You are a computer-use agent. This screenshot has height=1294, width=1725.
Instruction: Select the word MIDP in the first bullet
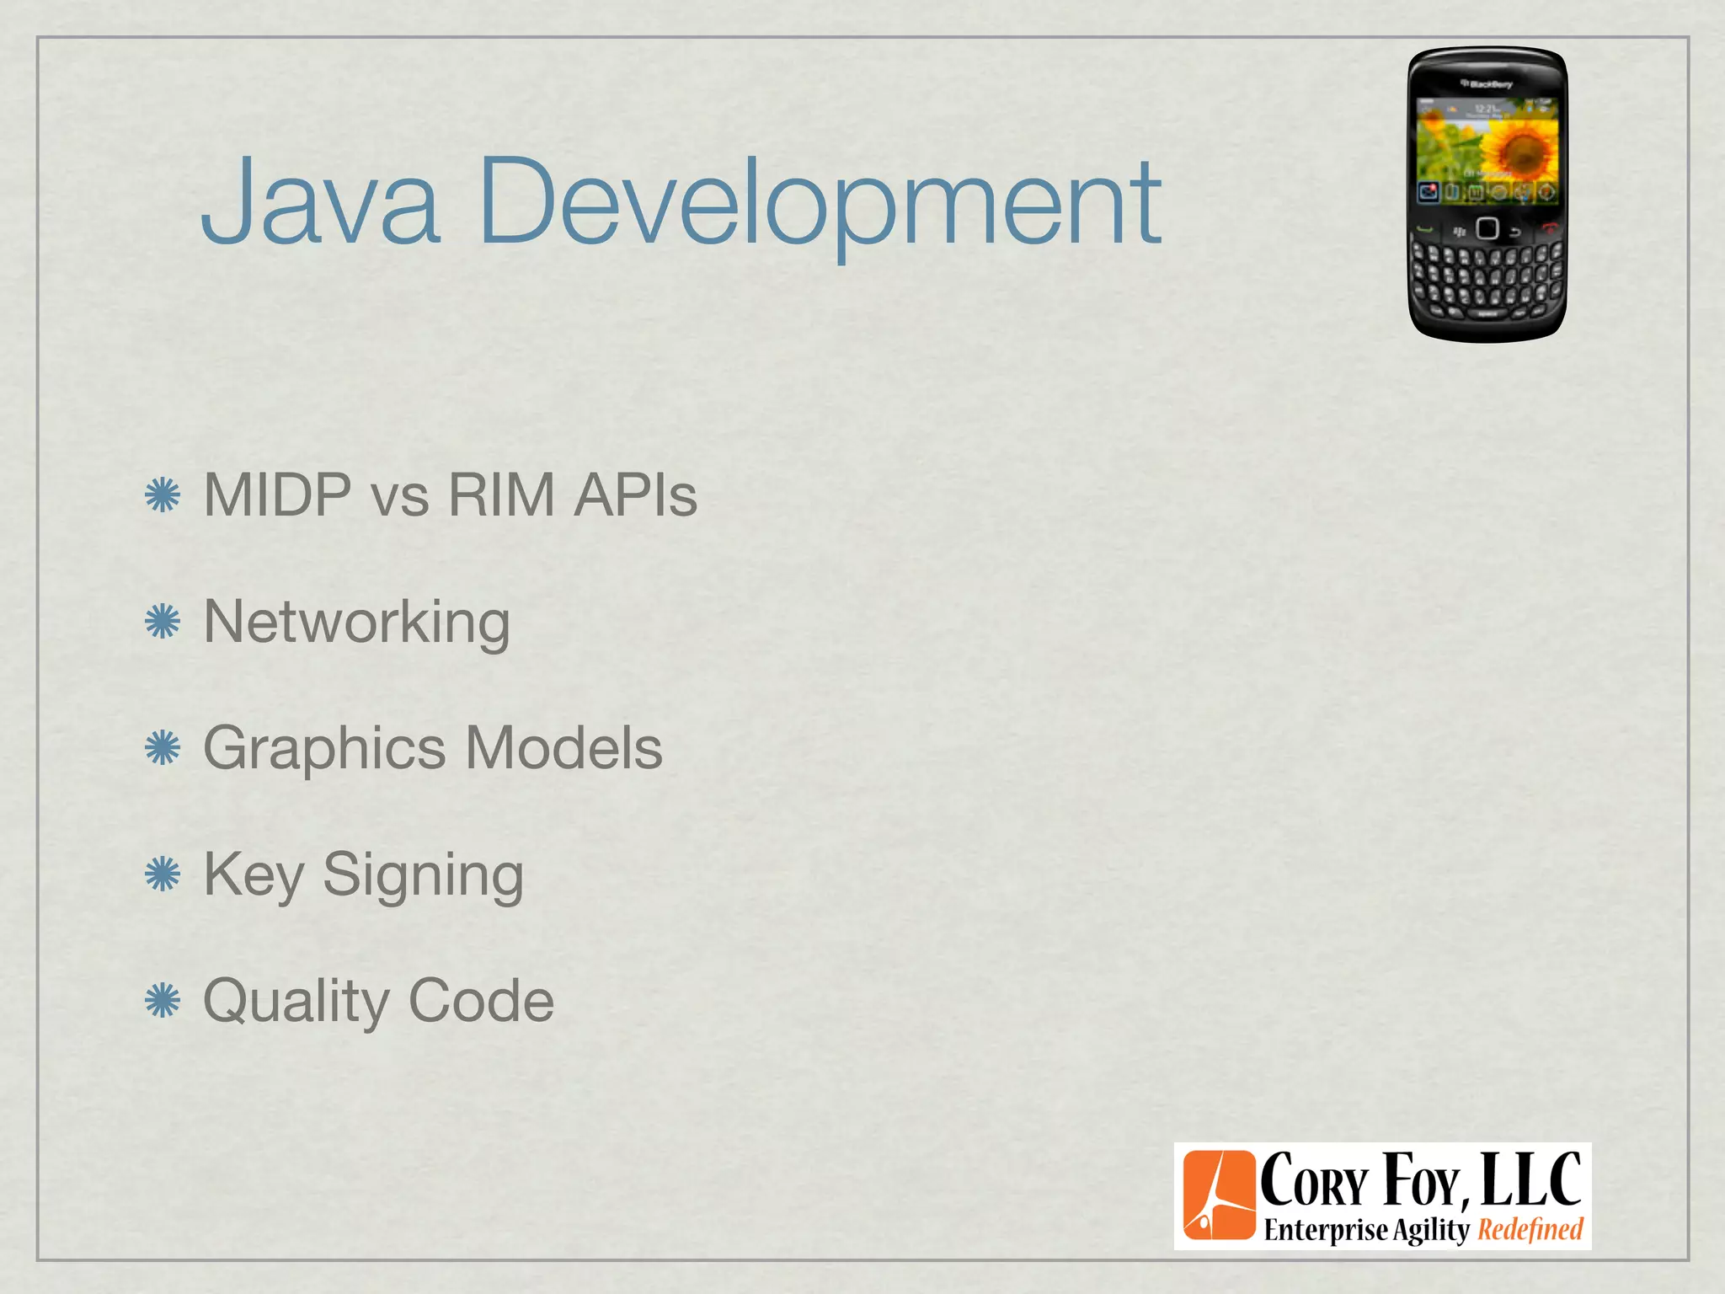coord(278,495)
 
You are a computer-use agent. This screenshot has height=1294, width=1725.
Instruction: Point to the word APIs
coord(635,495)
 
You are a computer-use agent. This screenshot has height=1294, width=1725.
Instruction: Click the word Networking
coord(357,623)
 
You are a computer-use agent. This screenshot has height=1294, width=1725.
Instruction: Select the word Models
coord(563,748)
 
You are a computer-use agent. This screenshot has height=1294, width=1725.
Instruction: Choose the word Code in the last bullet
coord(481,1001)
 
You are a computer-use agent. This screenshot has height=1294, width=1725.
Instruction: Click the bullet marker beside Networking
coord(163,623)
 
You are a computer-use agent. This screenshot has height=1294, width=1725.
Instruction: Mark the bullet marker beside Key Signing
coord(163,874)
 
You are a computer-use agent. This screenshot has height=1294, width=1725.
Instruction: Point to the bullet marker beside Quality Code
coord(163,1001)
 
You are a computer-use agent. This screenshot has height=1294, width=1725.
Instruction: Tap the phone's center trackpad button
coord(1487,228)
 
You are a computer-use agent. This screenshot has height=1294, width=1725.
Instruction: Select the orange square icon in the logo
coord(1218,1195)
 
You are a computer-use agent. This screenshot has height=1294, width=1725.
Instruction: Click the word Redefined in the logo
coord(1530,1230)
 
